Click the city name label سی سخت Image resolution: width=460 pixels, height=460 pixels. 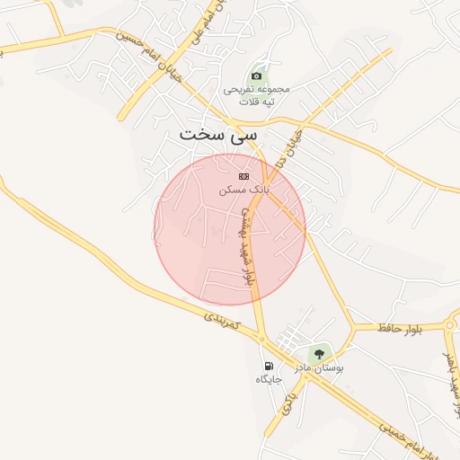coord(217,135)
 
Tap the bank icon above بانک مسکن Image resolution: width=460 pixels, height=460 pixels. coord(243,176)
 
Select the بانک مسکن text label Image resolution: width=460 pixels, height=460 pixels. coord(243,190)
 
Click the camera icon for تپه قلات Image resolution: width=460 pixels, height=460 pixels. coord(258,75)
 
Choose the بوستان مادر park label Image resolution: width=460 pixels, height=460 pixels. coord(320,368)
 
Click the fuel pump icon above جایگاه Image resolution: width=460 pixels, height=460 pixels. coord(269,366)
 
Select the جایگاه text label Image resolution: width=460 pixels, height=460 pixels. coord(269,379)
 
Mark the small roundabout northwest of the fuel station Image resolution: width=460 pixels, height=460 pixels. coord(261,340)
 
